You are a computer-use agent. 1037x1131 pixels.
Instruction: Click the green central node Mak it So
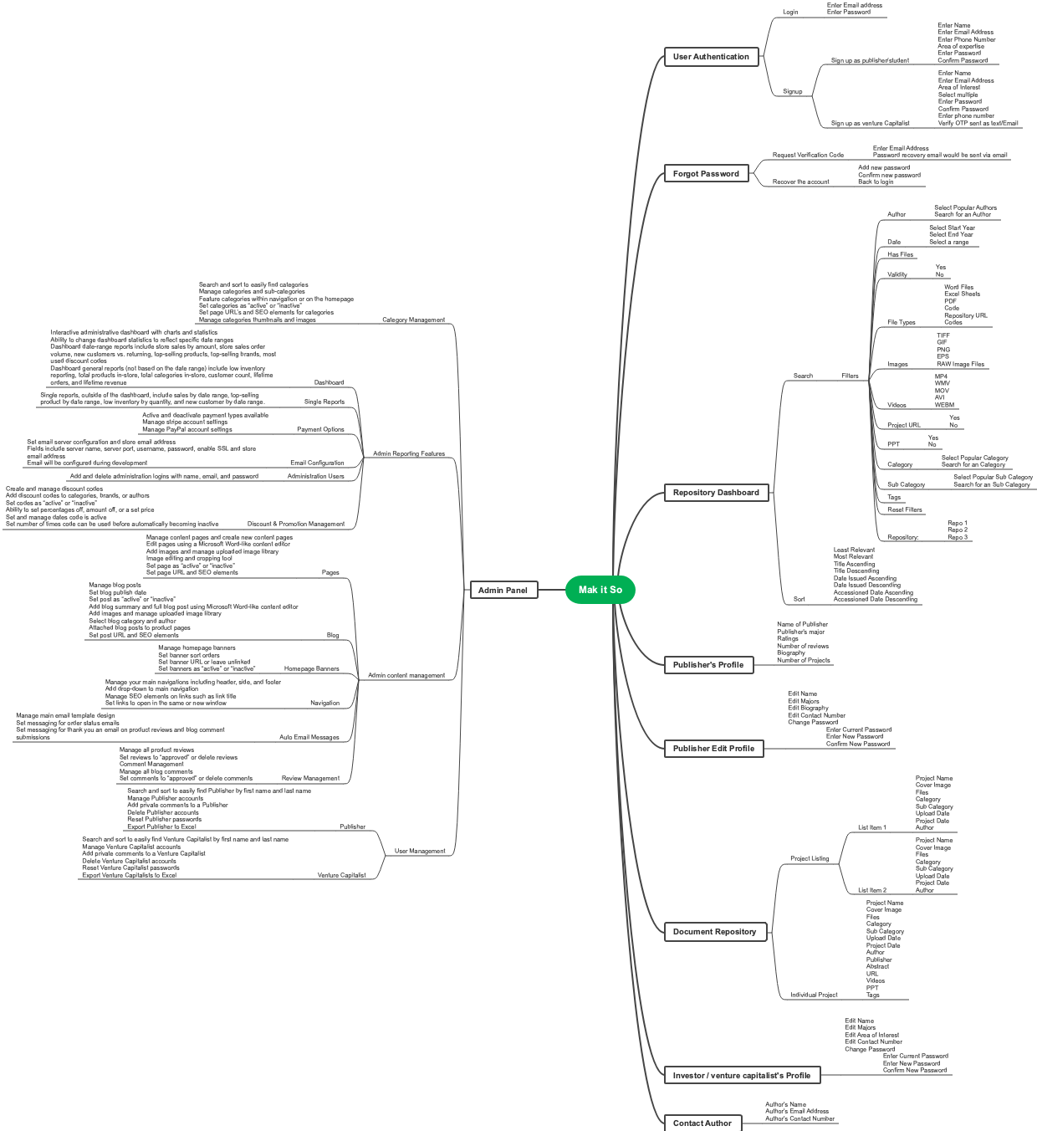600,590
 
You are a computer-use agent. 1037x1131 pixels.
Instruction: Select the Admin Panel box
503,590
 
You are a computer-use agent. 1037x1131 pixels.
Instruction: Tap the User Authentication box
711,57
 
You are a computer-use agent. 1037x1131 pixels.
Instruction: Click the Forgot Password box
706,174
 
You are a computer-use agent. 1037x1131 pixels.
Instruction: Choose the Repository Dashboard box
716,493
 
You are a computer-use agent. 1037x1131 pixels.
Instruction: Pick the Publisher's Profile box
708,665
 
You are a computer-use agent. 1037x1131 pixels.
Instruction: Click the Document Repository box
714,932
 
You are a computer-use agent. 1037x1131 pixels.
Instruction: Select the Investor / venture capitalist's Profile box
741,1076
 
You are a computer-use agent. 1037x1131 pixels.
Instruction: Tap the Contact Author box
702,1123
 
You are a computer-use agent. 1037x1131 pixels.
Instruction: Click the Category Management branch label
413,320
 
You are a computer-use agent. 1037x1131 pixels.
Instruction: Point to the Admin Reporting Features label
408,453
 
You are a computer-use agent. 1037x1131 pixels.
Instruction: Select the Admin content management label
406,675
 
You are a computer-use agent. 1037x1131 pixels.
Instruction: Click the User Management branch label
420,851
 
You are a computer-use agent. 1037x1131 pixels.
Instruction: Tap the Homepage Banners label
311,668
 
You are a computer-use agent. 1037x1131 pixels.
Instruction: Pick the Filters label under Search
850,376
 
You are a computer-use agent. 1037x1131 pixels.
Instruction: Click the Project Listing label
810,858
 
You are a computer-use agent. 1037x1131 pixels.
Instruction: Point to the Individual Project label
814,995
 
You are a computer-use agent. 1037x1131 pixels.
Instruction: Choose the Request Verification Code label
808,155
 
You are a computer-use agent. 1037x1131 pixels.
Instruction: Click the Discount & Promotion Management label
295,524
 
